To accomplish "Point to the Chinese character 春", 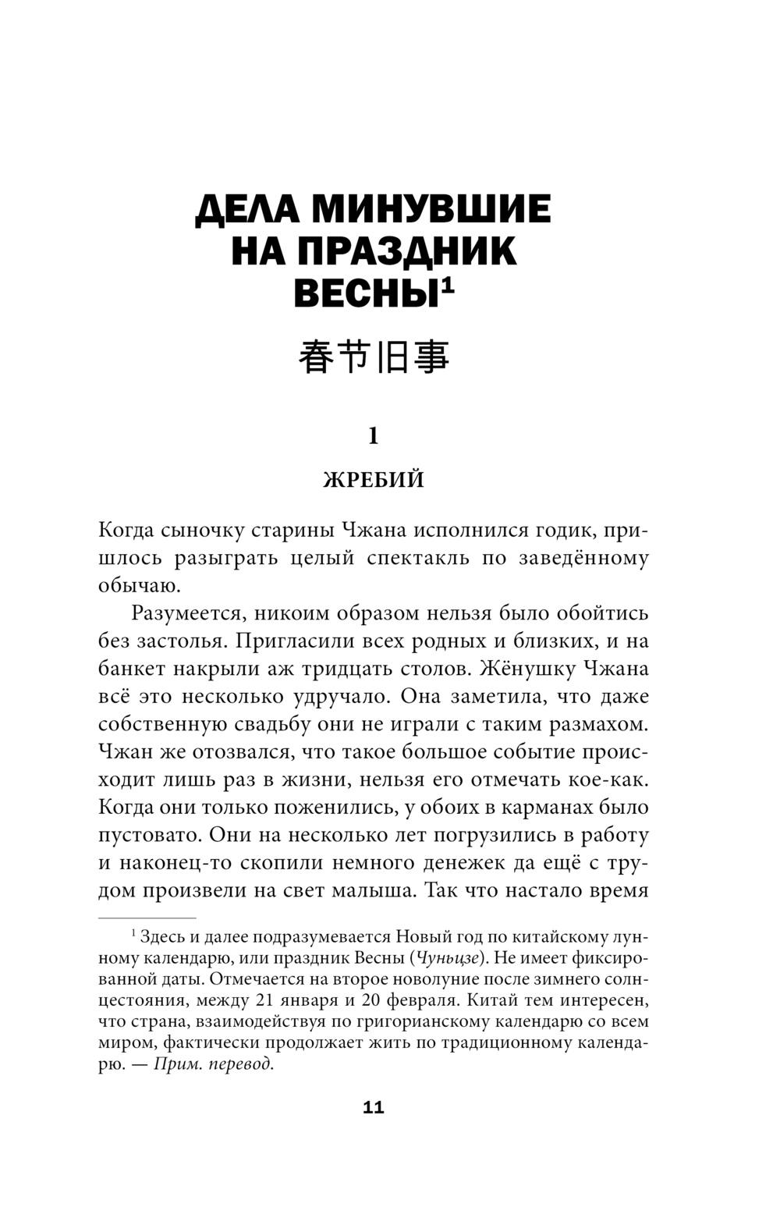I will (x=315, y=358).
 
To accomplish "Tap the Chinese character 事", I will (x=431, y=358).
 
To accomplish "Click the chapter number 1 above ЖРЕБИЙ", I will (x=374, y=435).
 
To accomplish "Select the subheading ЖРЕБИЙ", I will (x=374, y=479).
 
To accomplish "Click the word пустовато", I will (x=144, y=835).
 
